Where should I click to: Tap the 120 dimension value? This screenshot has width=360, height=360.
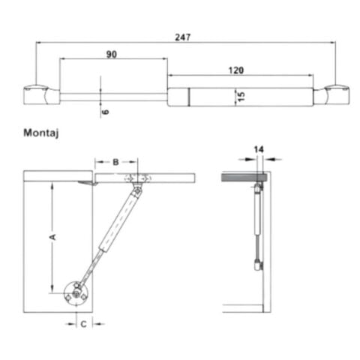(x=237, y=69)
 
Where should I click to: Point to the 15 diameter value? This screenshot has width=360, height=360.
(x=241, y=96)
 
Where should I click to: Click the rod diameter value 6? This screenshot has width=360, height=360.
(x=106, y=110)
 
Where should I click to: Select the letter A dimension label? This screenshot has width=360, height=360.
(x=52, y=237)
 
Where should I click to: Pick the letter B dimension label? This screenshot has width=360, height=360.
(x=116, y=161)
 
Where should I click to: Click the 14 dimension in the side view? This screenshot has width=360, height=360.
(x=259, y=150)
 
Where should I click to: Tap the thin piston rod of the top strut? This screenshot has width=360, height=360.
(x=112, y=96)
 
